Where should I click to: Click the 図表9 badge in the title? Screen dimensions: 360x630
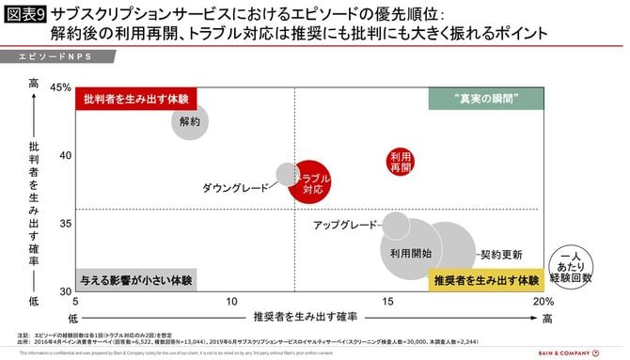point(24,15)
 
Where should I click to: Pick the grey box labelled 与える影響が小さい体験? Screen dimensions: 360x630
point(136,280)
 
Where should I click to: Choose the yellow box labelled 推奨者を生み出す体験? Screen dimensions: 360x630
point(485,280)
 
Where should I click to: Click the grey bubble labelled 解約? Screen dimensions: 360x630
point(190,121)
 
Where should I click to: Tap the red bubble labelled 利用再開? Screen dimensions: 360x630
point(401,161)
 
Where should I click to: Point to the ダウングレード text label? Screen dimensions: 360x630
point(236,188)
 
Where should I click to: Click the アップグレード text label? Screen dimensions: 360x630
point(344,226)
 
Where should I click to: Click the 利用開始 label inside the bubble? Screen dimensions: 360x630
point(411,254)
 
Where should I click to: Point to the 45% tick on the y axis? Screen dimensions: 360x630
point(59,87)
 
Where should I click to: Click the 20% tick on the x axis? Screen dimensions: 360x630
point(543,302)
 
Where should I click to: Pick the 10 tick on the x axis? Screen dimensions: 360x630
point(231,302)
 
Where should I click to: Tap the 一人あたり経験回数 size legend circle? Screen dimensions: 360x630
point(575,266)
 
